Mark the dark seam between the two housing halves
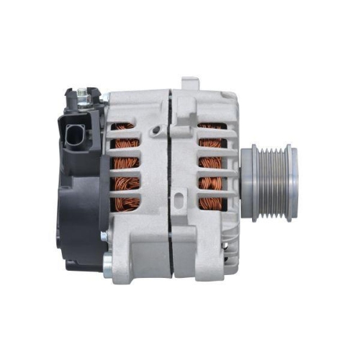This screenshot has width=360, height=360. click(171, 180)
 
